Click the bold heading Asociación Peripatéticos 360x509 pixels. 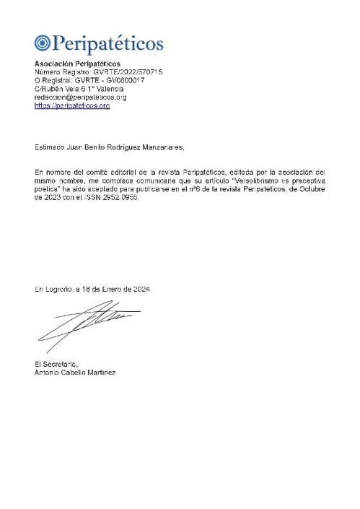tap(77, 65)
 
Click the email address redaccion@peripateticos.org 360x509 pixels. tap(81, 97)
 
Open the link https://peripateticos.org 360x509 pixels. tap(72, 105)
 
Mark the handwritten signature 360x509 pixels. tap(83, 323)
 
